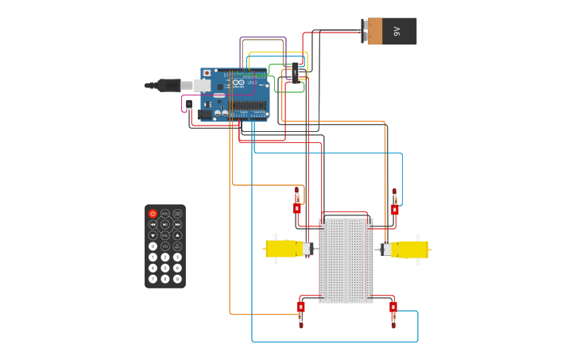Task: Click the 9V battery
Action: pyautogui.click(x=391, y=31)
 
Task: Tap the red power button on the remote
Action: pyautogui.click(x=153, y=214)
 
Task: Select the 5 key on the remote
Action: pyautogui.click(x=165, y=268)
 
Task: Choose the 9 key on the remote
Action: pyautogui.click(x=177, y=279)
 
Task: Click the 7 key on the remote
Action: pyautogui.click(x=153, y=279)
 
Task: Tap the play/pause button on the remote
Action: pyautogui.click(x=165, y=225)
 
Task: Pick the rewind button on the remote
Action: pyautogui.click(x=153, y=225)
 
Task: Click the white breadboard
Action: pyautogui.click(x=346, y=261)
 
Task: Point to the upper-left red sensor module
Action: pyautogui.click(x=297, y=207)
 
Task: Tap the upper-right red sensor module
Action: pyautogui.click(x=394, y=210)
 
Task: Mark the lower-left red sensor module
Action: pyautogui.click(x=301, y=308)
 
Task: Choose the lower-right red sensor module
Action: pyautogui.click(x=392, y=308)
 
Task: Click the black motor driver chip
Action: pyautogui.click(x=296, y=73)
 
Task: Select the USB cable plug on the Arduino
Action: pyautogui.click(x=169, y=85)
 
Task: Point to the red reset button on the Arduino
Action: pyautogui.click(x=207, y=73)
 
